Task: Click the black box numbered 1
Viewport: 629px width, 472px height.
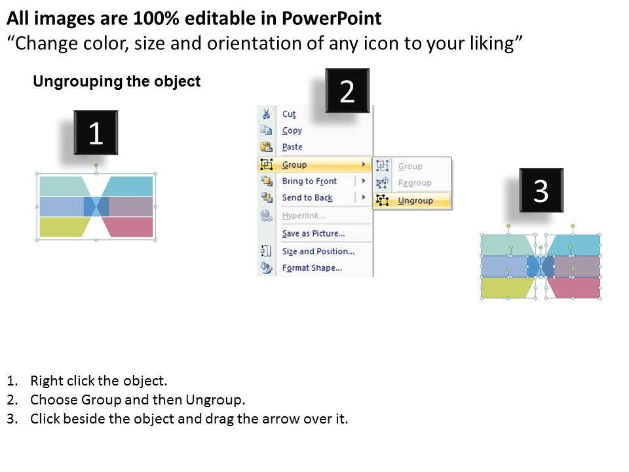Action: click(96, 132)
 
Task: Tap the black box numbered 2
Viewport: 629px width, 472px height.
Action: click(347, 90)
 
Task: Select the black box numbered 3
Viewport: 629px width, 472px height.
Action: click(541, 190)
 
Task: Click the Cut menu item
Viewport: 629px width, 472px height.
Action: click(289, 114)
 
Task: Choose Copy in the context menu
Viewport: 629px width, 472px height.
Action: click(292, 130)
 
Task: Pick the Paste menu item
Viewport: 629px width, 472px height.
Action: click(292, 147)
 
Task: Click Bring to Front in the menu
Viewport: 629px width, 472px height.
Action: click(309, 181)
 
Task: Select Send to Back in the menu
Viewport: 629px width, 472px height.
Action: click(307, 197)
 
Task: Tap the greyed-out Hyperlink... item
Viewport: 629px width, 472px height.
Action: click(303, 216)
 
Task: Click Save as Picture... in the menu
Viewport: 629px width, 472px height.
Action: click(313, 233)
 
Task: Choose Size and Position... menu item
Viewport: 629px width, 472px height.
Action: click(318, 251)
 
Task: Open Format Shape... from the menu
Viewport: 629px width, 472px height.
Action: click(312, 267)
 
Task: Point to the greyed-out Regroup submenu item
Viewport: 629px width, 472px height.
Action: click(414, 183)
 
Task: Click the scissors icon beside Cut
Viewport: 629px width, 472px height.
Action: click(266, 114)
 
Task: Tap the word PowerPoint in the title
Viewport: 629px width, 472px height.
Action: click(332, 18)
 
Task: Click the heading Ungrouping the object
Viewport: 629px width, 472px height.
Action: click(117, 81)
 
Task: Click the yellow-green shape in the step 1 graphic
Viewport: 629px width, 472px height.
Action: click(65, 227)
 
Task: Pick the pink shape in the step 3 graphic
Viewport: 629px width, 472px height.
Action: click(575, 288)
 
